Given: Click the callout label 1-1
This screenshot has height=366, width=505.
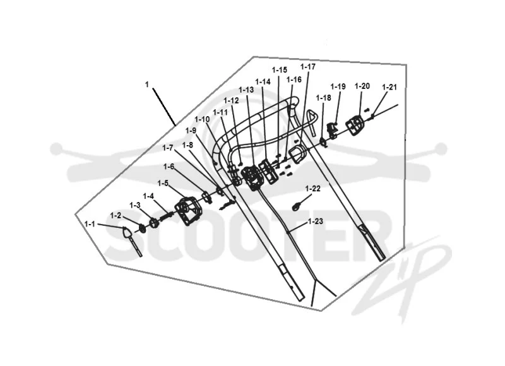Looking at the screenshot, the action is (90, 224).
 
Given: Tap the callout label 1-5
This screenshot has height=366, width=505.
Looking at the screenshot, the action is (163, 183).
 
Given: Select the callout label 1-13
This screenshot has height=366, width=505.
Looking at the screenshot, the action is (246, 90).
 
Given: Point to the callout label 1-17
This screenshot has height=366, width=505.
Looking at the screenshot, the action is (308, 67).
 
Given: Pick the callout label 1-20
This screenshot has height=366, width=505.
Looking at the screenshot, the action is (362, 86).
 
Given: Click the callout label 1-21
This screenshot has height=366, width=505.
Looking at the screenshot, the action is (389, 87).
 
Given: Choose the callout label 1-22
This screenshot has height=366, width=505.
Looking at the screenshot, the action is (312, 188).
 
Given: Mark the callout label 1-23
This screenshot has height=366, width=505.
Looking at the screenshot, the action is (315, 221).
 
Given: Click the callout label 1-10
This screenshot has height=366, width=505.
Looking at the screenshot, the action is (202, 119).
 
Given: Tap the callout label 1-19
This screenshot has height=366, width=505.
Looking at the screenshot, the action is (338, 86).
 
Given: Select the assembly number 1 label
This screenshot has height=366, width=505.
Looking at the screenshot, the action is (147, 85).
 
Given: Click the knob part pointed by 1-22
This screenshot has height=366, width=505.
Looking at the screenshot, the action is (296, 206).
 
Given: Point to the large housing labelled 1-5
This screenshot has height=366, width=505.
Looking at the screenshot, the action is (189, 211).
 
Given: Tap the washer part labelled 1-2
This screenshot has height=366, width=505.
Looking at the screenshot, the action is (141, 228).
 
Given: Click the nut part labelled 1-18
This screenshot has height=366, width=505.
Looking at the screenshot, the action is (323, 141).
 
